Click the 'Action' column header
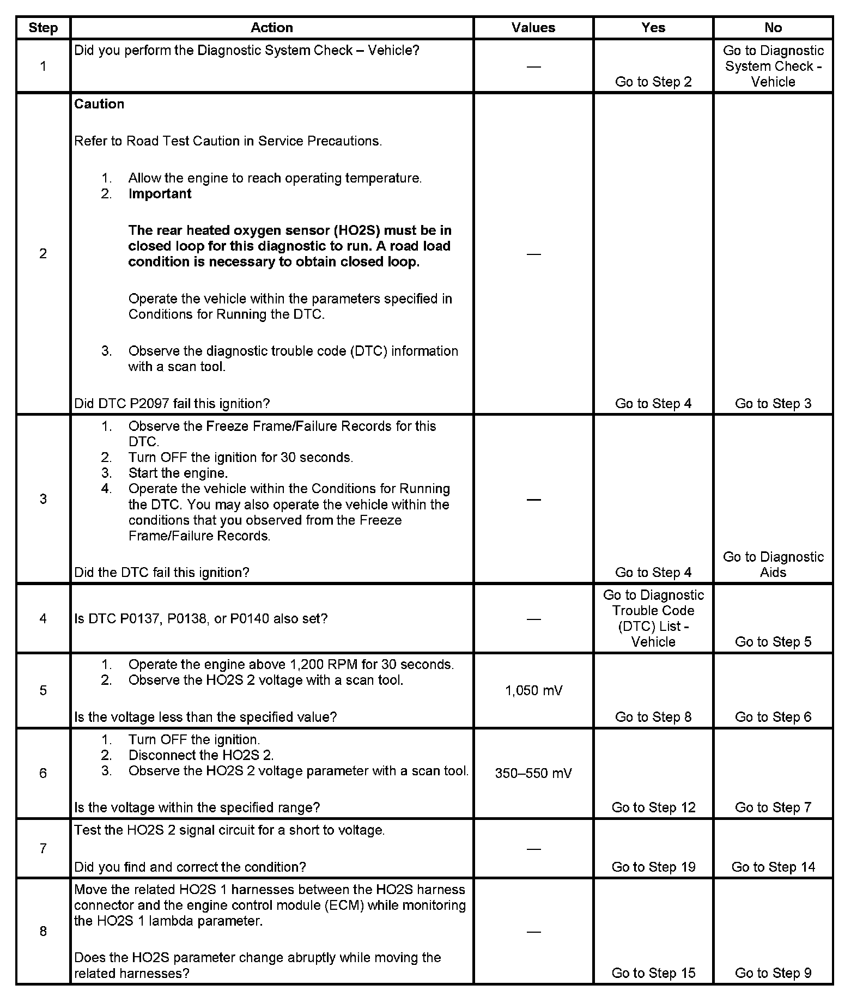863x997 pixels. [x=271, y=28]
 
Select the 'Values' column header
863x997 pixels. [x=533, y=28]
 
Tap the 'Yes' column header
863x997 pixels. [x=653, y=28]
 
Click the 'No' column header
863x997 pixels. [x=773, y=28]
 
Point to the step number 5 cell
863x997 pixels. [x=43, y=690]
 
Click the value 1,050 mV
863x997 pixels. [x=533, y=690]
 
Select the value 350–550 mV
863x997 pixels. [x=533, y=773]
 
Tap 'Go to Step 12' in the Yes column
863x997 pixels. [x=653, y=807]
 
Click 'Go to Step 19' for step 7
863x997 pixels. [x=653, y=867]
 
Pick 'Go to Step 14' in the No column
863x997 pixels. [x=773, y=867]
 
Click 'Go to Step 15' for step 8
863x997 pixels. [x=653, y=972]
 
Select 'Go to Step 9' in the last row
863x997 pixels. [x=773, y=972]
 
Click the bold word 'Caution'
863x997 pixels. [x=99, y=104]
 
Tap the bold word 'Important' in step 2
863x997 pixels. [x=160, y=194]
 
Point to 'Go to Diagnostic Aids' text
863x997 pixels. [x=773, y=564]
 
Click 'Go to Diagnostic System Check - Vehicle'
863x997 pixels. [x=773, y=66]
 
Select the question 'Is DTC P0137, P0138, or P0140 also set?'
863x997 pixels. [x=200, y=618]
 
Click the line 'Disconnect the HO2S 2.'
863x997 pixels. [x=200, y=755]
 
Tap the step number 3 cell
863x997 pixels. [x=43, y=499]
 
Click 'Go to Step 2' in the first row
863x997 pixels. [x=653, y=82]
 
